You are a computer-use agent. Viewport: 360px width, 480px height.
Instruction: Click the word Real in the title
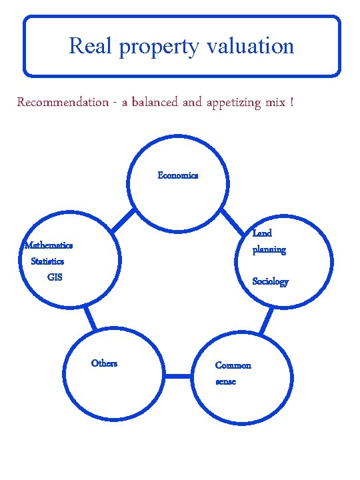(x=85, y=46)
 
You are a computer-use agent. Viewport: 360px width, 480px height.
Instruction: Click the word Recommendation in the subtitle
(x=63, y=102)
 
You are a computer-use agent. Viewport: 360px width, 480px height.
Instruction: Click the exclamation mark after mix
(x=291, y=102)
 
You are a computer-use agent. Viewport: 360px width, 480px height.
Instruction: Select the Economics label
(x=177, y=175)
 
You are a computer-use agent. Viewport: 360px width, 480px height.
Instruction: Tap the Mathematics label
(x=49, y=245)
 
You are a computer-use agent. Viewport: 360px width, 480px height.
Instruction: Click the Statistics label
(x=47, y=261)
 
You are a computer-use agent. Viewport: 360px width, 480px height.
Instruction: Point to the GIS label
(x=55, y=277)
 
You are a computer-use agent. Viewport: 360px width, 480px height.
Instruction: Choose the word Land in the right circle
(x=262, y=233)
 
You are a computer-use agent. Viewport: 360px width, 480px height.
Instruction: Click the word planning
(x=269, y=250)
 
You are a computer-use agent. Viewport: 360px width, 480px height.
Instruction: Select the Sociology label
(x=270, y=281)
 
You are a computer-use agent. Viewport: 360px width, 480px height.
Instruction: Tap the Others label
(x=104, y=363)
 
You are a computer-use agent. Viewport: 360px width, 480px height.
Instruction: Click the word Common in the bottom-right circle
(x=233, y=365)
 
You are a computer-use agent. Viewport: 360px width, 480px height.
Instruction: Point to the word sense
(x=225, y=381)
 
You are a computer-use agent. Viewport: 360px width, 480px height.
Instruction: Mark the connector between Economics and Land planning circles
(x=233, y=221)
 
